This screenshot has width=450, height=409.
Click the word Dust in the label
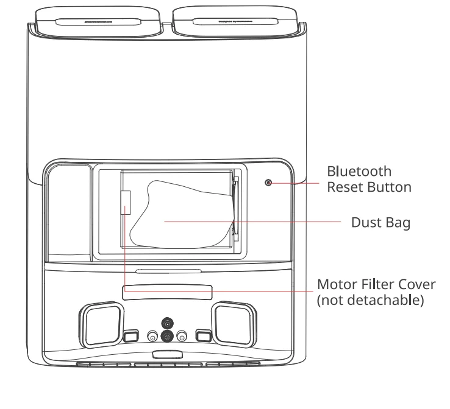coord(366,223)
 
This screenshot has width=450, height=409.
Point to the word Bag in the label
coord(398,223)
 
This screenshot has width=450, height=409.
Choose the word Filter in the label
coord(374,285)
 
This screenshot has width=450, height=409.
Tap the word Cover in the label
coord(413,285)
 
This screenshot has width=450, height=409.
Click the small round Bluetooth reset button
coord(268,182)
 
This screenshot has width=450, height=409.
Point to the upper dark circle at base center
coord(166,322)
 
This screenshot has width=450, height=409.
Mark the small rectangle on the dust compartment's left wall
coord(126,202)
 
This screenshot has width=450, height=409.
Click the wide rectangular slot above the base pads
coord(166,294)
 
